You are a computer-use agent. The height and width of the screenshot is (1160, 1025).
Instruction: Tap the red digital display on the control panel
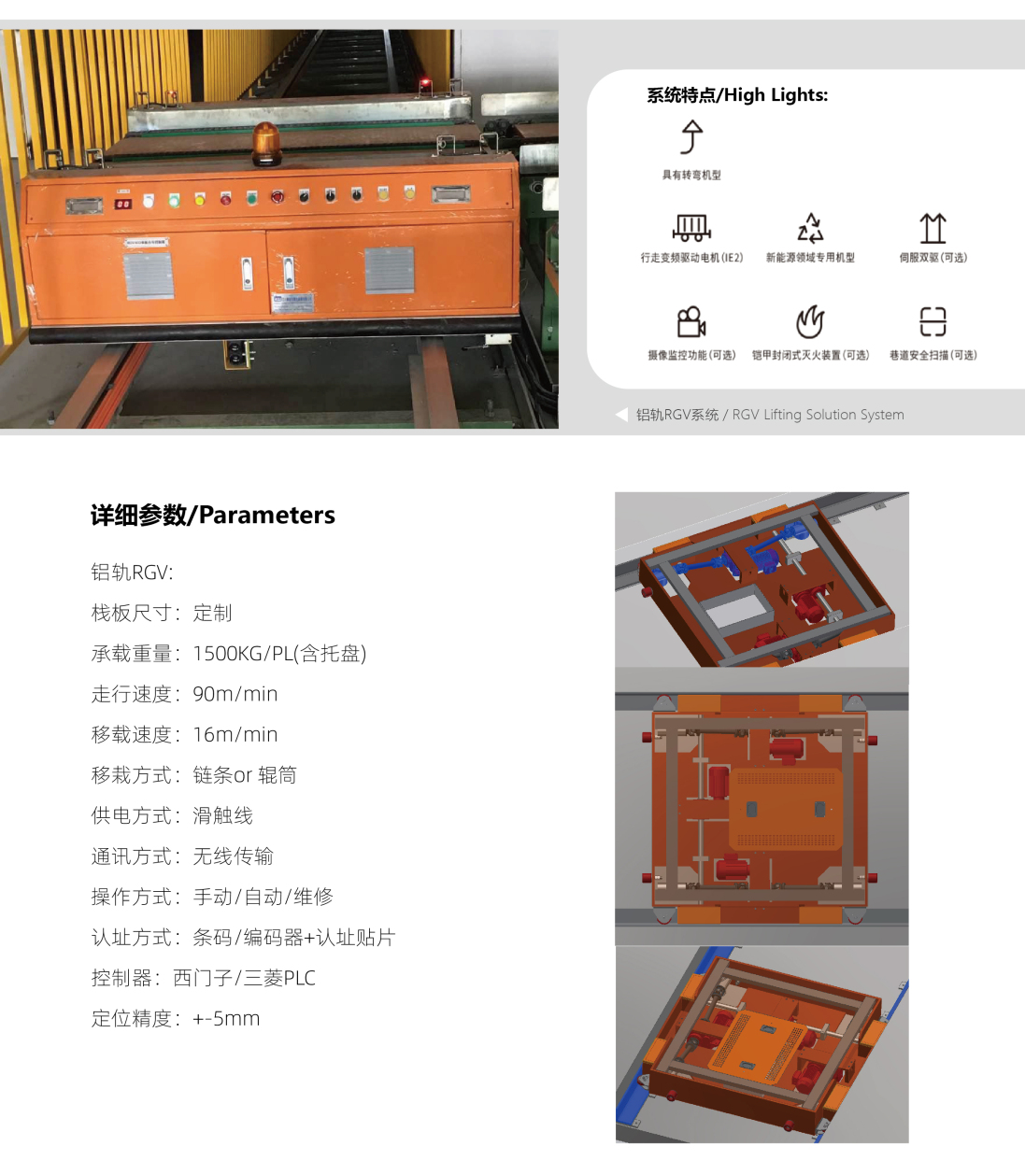123,204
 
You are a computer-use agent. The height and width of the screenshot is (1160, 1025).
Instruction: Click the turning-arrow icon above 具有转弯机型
691,137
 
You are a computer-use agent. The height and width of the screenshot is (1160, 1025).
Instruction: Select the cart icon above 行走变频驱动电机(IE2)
691,227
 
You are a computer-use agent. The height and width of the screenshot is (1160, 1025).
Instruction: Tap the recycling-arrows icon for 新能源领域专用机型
810,227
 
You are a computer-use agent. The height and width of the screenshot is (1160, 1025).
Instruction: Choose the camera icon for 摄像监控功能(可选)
691,322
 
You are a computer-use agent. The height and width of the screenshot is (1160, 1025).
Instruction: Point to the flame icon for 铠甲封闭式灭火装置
810,322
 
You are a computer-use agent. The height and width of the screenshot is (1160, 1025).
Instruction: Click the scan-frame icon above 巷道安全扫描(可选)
932,321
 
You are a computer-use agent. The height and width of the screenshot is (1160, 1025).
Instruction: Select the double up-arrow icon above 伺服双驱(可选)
932,228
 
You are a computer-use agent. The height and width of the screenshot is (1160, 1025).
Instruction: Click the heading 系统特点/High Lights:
737,94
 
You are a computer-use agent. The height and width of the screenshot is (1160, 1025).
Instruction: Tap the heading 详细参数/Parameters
212,515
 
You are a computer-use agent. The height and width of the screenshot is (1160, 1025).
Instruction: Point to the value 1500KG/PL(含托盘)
279,653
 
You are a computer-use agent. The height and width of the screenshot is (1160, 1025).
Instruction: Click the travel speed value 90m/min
235,694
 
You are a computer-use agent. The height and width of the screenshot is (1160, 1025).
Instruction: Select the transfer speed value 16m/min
235,735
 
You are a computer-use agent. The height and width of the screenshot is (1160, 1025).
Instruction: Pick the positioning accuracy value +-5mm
226,1019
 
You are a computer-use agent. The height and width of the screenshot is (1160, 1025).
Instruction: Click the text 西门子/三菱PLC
244,978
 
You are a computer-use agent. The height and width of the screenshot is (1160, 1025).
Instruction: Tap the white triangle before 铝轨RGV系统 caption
621,415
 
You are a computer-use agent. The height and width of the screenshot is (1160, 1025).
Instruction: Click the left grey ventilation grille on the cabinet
149,276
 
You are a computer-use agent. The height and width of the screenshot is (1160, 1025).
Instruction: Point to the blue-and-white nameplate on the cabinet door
292,303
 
